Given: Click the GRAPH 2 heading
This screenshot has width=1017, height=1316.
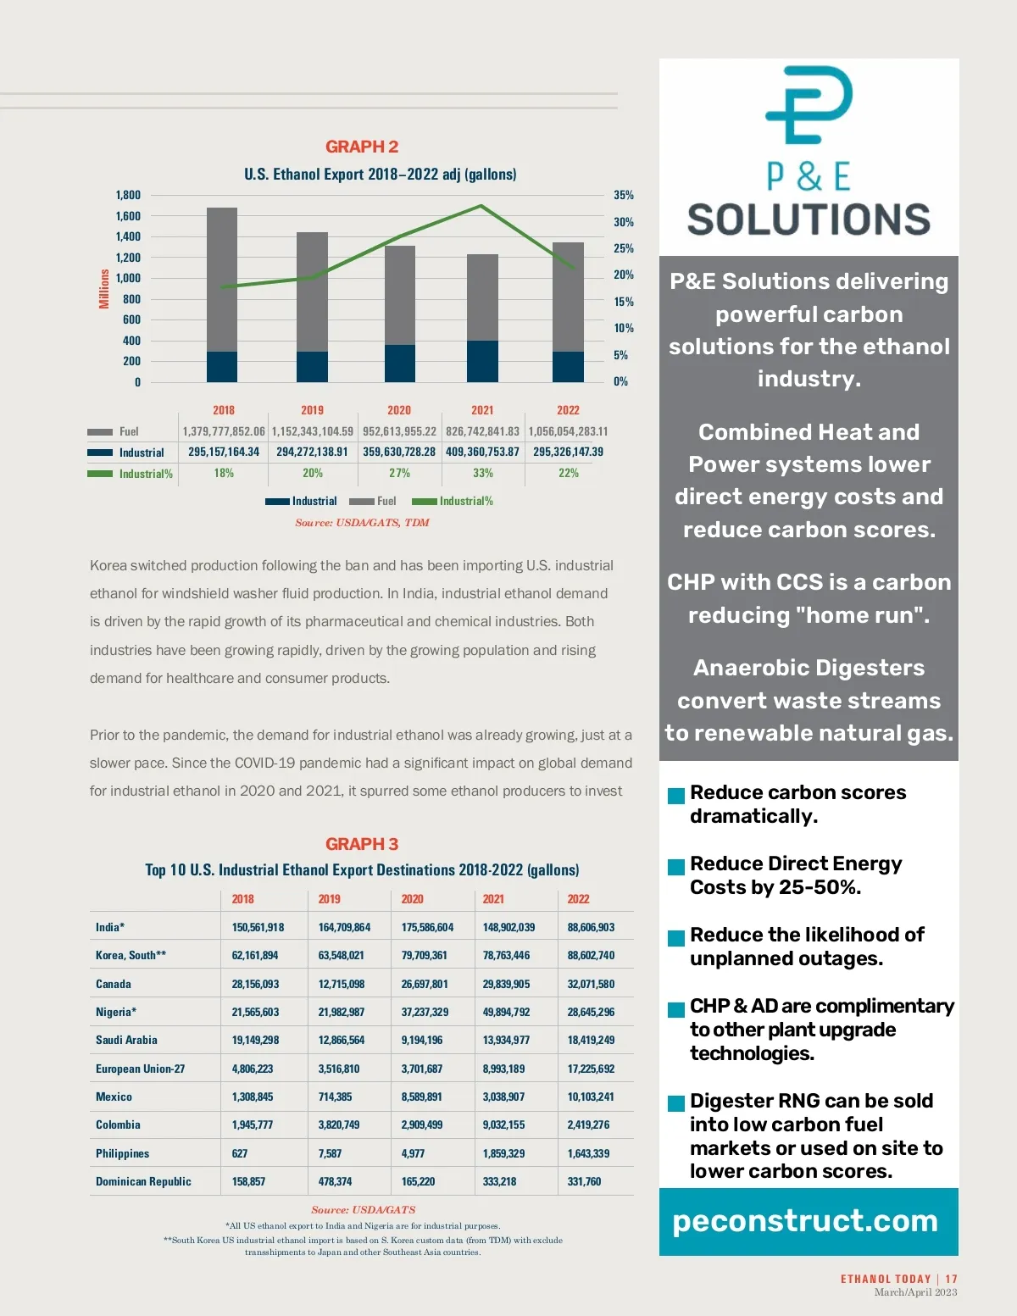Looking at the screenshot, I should [362, 147].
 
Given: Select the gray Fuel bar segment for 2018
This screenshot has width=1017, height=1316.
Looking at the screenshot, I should [222, 280].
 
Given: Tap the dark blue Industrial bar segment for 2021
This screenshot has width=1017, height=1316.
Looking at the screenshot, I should [482, 361].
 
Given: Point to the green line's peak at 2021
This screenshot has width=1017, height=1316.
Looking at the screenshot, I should [481, 206].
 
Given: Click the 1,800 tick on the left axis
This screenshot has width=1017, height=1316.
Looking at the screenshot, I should [128, 195].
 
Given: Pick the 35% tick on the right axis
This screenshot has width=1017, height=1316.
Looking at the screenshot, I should [624, 195].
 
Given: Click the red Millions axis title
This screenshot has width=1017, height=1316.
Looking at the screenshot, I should [104, 289].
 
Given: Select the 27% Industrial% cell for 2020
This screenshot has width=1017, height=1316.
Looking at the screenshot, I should [399, 473].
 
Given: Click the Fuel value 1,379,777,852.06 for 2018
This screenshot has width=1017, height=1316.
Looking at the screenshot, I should [224, 431].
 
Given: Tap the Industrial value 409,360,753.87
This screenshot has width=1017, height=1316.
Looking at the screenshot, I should [482, 452].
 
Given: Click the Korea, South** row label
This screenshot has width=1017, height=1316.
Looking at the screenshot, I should [131, 955].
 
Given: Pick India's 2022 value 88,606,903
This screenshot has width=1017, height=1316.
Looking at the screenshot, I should [591, 927].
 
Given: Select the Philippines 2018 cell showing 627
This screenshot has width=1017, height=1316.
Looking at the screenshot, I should [240, 1153].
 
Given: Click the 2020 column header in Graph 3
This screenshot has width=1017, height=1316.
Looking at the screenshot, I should [412, 899].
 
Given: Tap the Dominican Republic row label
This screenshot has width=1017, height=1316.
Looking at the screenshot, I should [143, 1181].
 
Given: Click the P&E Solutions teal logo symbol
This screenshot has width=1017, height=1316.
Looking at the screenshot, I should [809, 105].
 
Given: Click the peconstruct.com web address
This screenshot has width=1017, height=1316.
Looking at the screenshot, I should [805, 1220].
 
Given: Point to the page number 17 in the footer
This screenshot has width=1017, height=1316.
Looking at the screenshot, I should [952, 1279].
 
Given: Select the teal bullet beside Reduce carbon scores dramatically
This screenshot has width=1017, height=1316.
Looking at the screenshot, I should [676, 796].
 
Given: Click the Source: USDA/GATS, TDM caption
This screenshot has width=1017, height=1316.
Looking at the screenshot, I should [362, 523].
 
